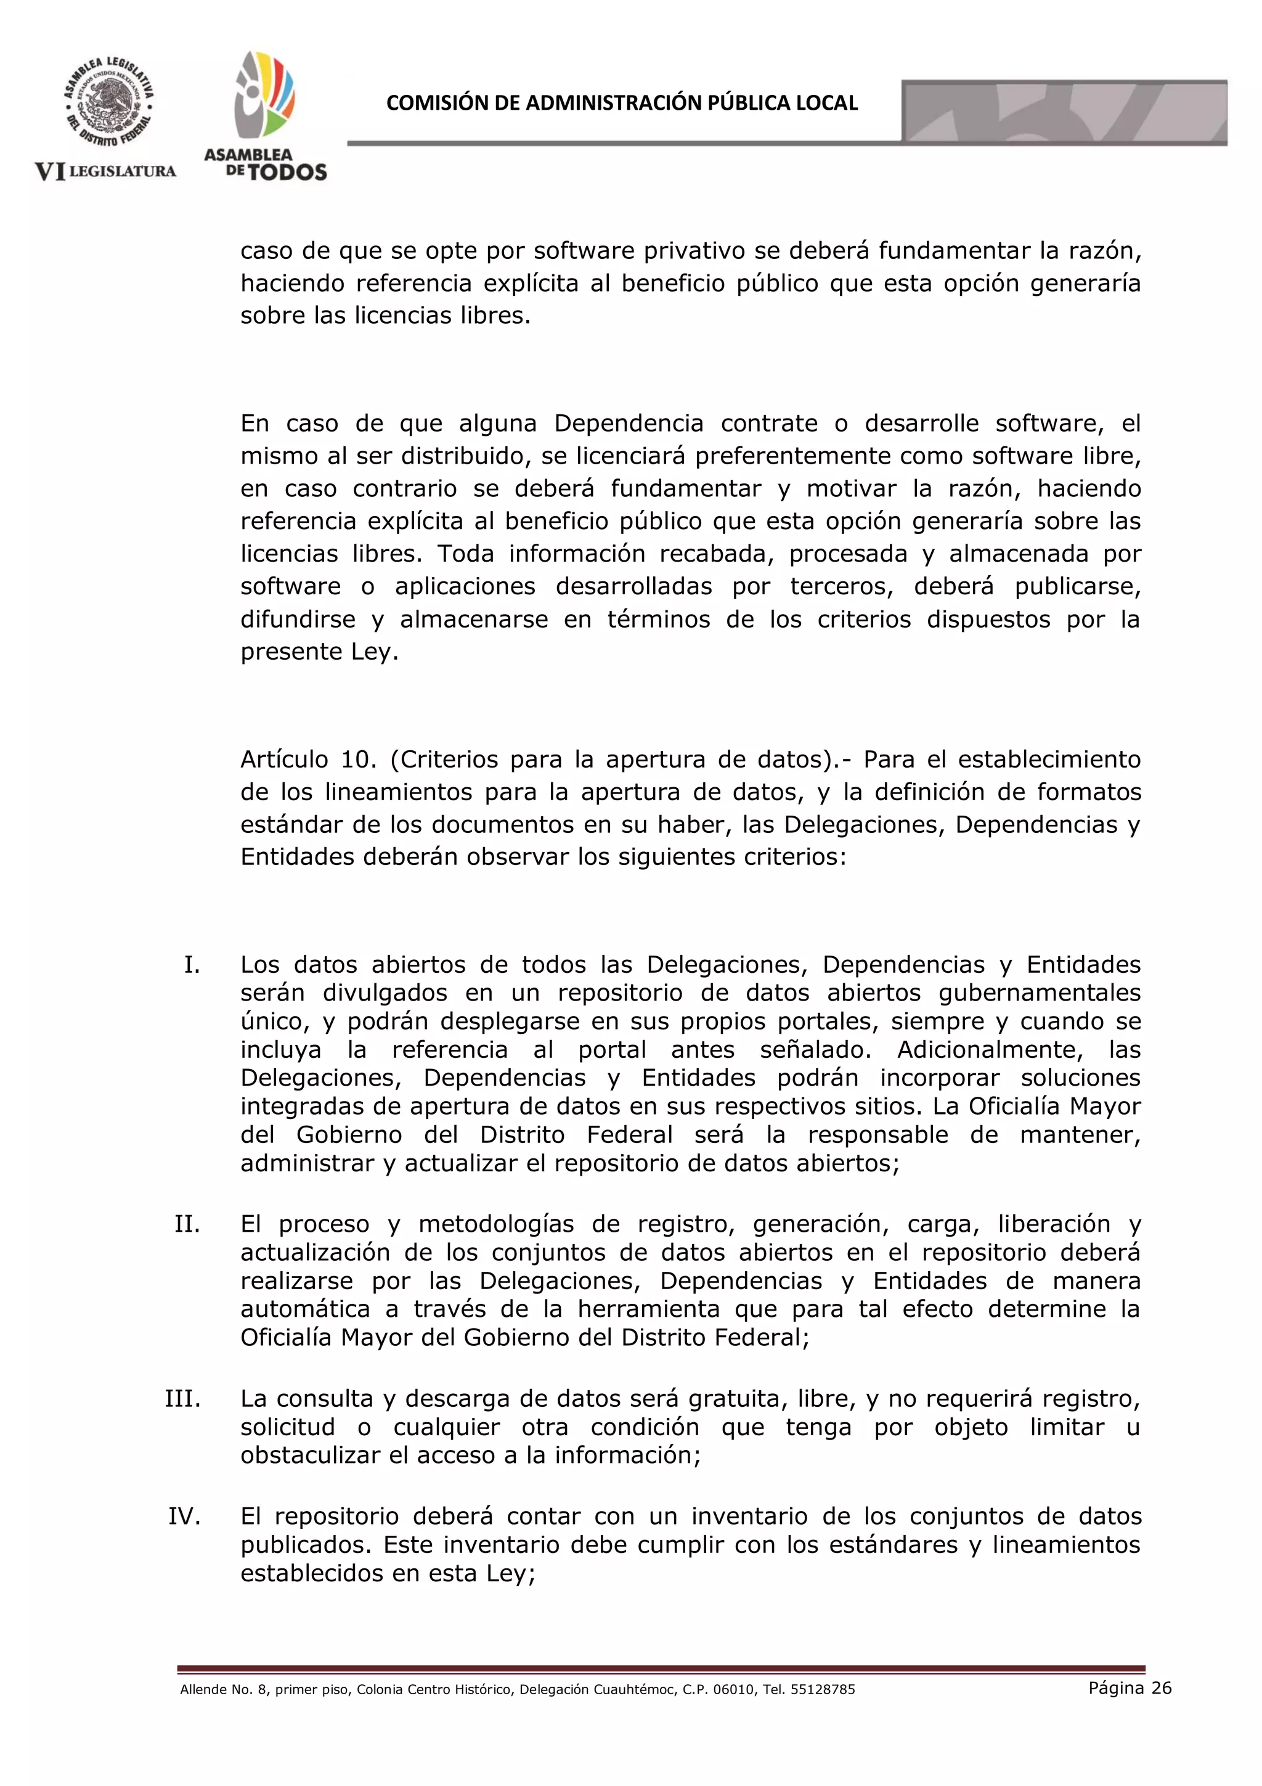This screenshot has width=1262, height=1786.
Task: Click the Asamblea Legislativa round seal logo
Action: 109,103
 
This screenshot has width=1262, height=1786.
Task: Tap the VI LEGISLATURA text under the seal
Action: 106,171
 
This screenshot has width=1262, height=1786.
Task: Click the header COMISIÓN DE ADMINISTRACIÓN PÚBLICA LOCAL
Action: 621,104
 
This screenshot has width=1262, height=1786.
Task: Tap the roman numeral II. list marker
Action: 187,1224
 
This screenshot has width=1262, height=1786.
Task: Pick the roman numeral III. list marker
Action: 183,1399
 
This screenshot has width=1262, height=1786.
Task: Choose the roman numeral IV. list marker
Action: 185,1516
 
